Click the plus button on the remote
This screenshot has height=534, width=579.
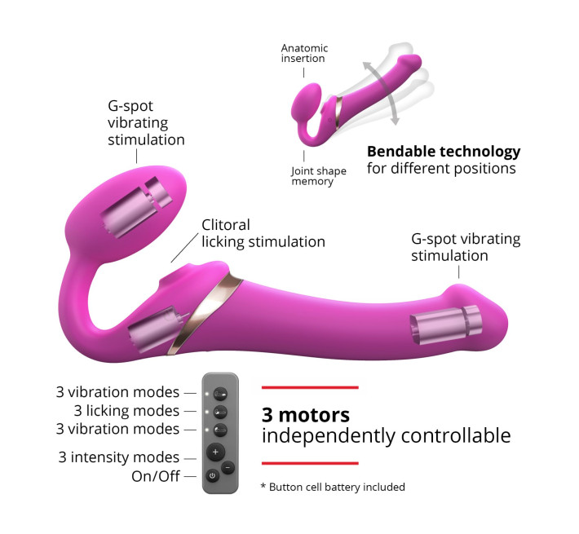[215, 452]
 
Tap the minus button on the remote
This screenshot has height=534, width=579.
[228, 468]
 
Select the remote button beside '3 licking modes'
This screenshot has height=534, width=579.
[220, 412]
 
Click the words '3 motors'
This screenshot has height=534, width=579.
[306, 415]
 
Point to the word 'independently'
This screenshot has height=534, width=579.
[329, 436]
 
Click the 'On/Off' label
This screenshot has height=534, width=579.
[156, 476]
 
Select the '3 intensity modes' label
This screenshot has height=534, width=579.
[118, 457]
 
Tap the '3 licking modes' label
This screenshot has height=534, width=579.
[126, 410]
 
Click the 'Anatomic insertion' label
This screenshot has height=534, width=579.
[304, 53]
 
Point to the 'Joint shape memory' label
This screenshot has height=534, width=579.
[319, 176]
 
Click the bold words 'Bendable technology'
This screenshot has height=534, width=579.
[444, 152]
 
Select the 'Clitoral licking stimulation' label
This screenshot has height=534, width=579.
[263, 234]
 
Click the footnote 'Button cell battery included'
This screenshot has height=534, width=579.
[337, 488]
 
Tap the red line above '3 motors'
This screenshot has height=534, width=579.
[310, 387]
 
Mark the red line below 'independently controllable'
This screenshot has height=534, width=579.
[310, 463]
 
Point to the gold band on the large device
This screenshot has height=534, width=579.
[204, 313]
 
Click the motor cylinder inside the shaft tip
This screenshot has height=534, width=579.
[446, 324]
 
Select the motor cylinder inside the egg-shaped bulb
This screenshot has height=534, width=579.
[136, 206]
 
